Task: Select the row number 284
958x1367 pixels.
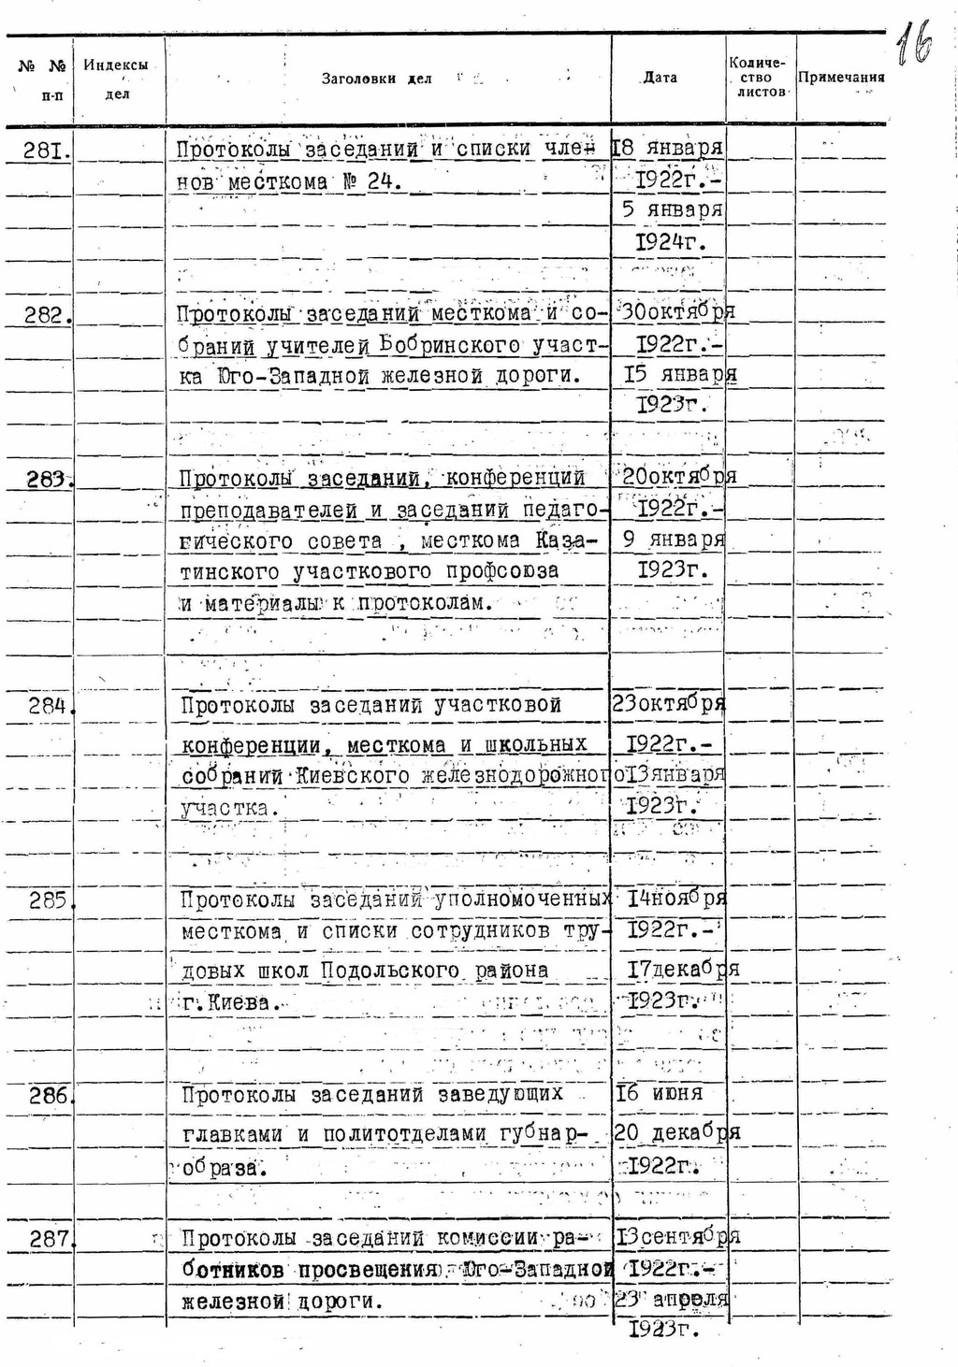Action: click(48, 706)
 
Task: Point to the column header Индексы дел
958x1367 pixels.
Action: click(116, 79)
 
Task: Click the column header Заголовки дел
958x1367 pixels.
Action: click(376, 79)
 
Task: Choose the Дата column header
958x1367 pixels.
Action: click(660, 78)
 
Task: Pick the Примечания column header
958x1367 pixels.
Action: click(841, 78)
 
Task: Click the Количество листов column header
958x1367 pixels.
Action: click(759, 78)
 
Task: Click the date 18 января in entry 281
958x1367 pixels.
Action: click(667, 148)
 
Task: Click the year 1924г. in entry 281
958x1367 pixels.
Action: click(667, 242)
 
